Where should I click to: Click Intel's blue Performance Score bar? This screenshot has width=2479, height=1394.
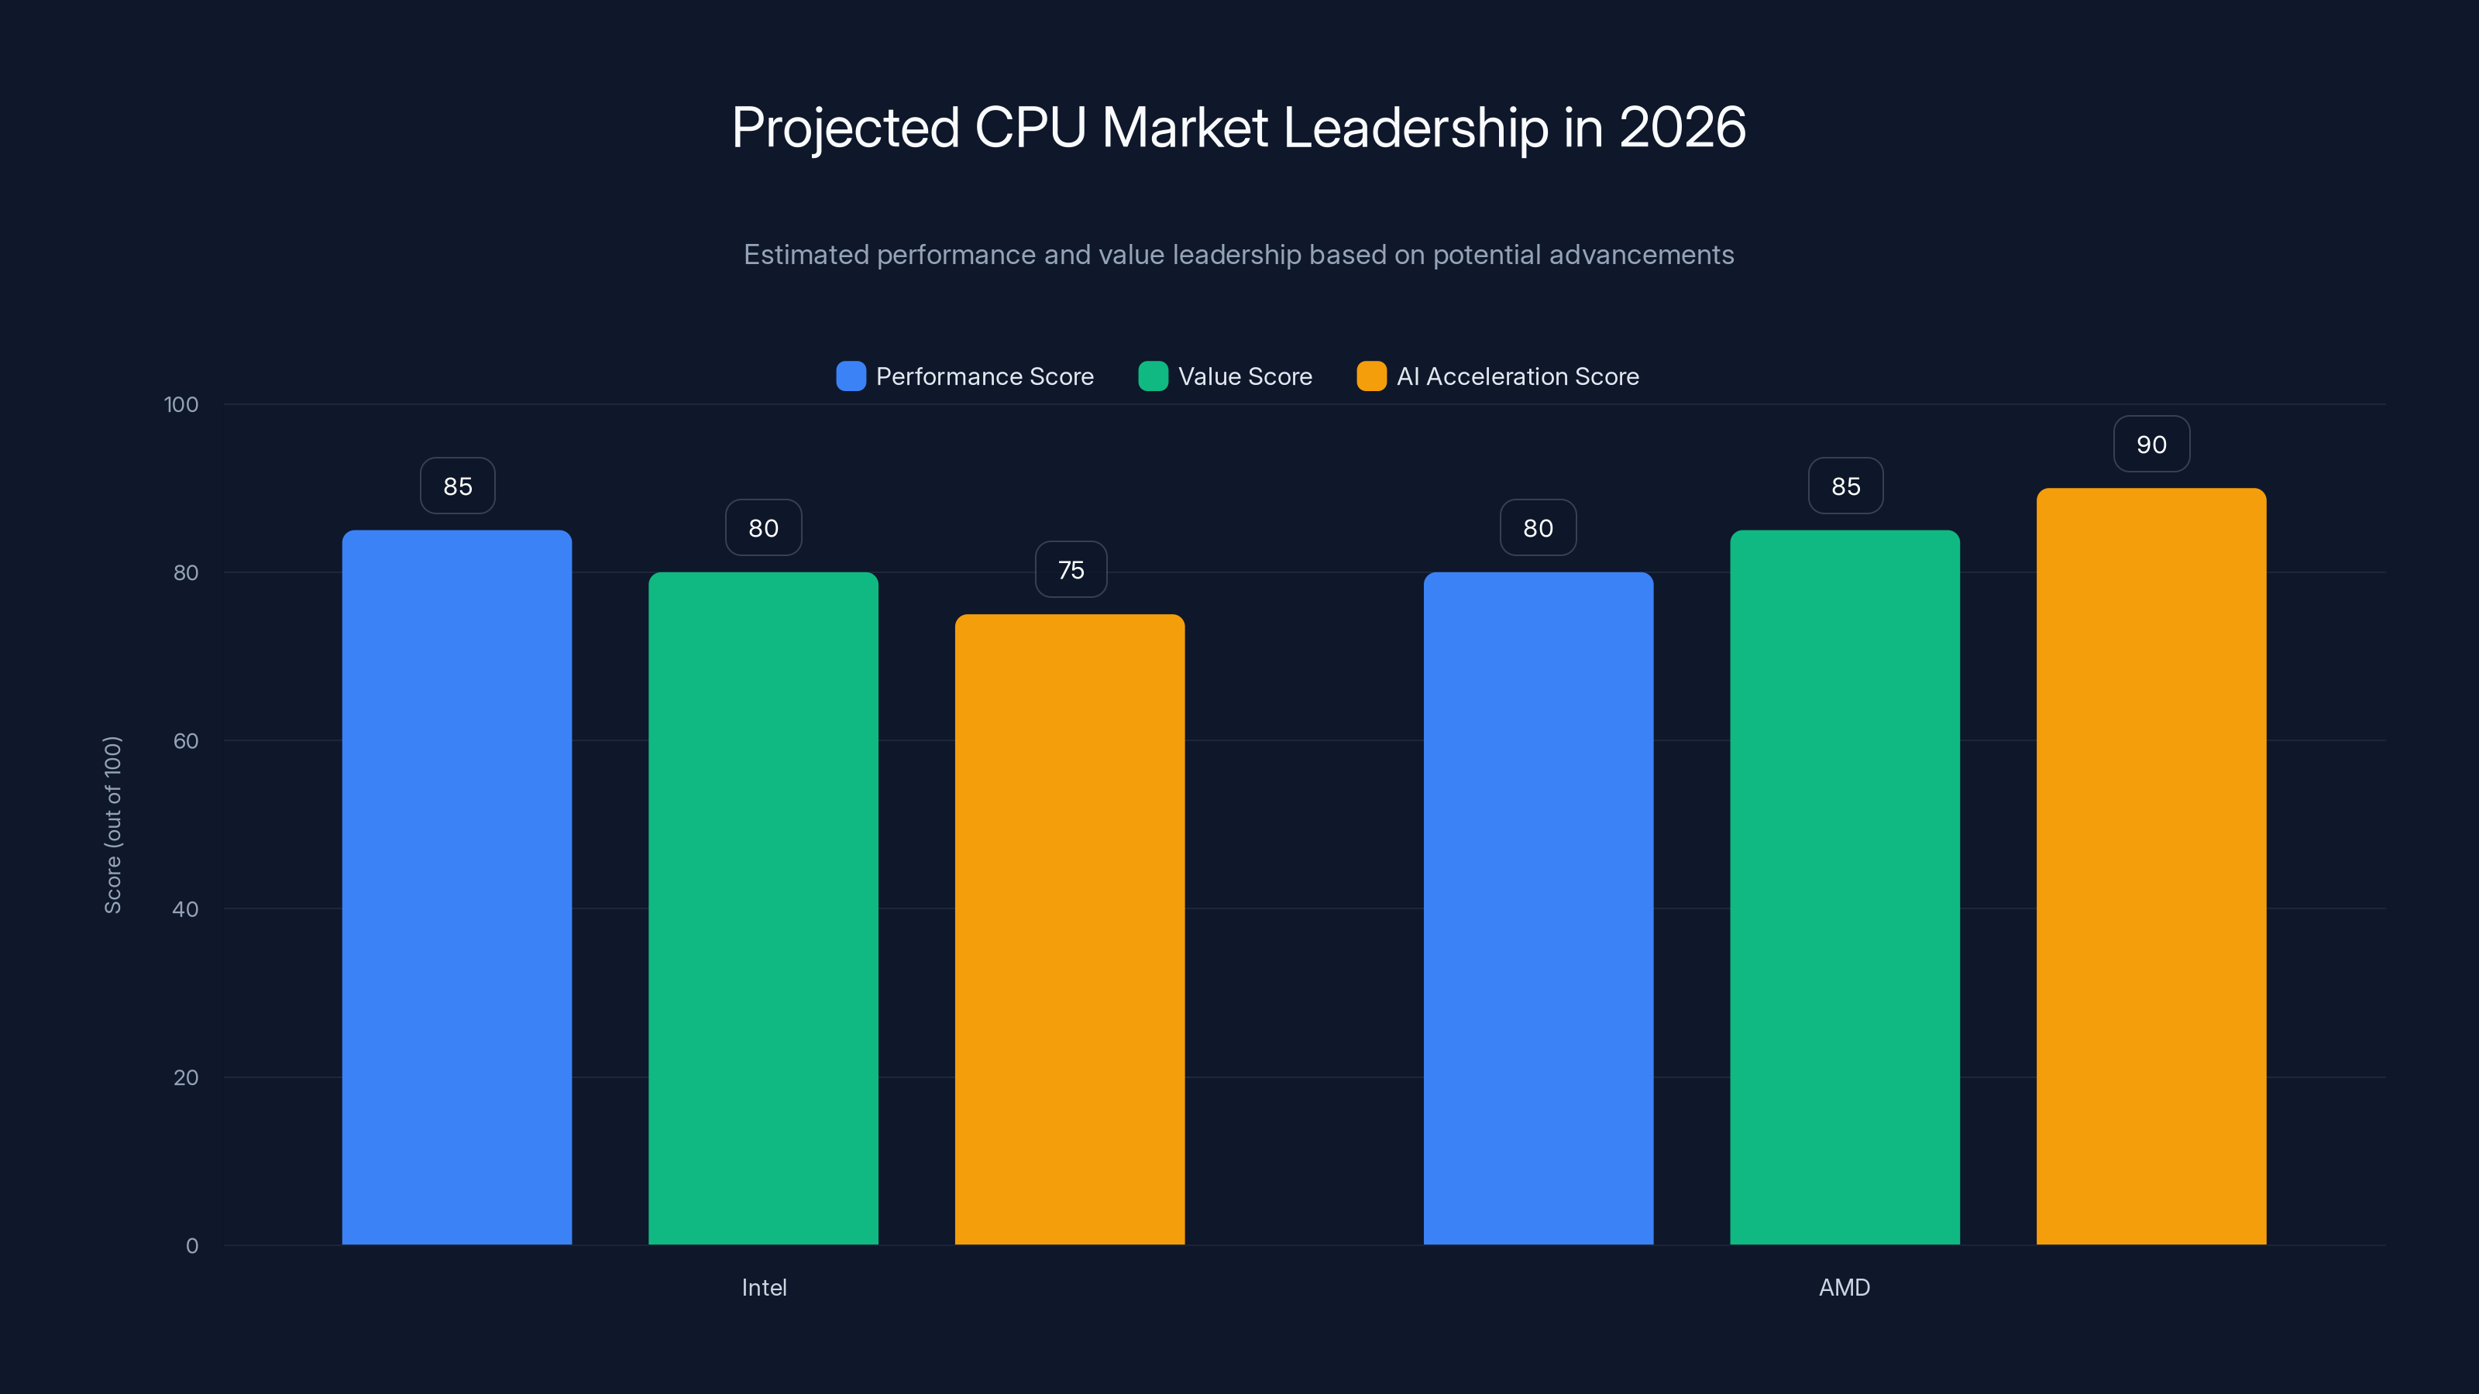tap(457, 886)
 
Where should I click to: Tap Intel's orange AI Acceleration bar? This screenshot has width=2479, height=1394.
tap(1069, 929)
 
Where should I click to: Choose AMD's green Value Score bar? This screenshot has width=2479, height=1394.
tap(1845, 886)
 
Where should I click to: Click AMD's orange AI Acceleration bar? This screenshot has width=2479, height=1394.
tap(2151, 865)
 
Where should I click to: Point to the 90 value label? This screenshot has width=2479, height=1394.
tap(2151, 445)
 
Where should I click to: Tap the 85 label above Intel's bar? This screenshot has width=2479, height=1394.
tap(457, 486)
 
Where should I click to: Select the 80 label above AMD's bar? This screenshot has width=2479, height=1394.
tap(1538, 527)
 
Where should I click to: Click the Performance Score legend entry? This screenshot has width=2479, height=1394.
tap(965, 376)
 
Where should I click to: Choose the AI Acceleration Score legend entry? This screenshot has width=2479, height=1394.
tap(1497, 376)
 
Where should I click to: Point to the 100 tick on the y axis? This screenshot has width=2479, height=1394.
tap(181, 404)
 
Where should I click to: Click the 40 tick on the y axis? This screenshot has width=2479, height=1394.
tap(185, 908)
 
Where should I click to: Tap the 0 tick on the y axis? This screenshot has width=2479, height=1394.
tap(191, 1246)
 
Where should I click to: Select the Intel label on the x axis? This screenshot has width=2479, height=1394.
tap(763, 1287)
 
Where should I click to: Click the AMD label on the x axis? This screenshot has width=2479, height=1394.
tap(1844, 1287)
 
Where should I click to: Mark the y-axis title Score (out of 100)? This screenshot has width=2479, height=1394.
tap(112, 825)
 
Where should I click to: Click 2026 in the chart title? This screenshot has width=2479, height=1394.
tap(1681, 128)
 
